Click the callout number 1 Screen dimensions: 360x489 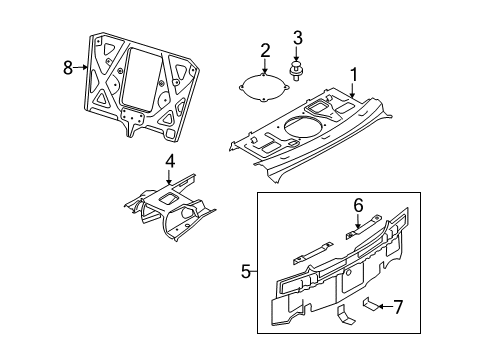click(352, 73)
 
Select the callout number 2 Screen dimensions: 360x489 click(265, 50)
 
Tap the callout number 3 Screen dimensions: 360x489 click(297, 39)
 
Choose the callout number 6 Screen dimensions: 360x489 click(357, 205)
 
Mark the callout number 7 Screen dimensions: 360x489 click(399, 306)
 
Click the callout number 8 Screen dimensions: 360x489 click(68, 68)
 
